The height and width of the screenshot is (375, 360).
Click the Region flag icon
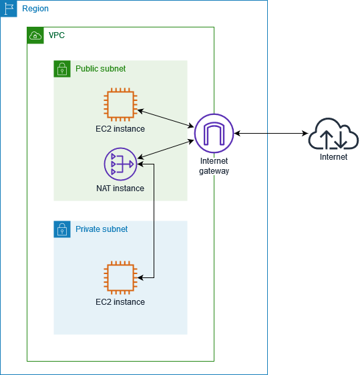[x=9, y=9]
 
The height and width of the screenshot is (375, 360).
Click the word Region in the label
[x=35, y=9]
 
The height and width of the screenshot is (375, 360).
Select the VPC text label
[x=57, y=35]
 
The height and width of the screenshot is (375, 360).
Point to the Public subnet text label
[x=100, y=69]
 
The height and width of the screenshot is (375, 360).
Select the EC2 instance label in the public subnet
[x=120, y=129]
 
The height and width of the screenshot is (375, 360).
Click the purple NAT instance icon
[x=120, y=164]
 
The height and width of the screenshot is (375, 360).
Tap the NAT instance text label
[x=120, y=189]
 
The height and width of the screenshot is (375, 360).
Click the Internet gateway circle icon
[x=214, y=133]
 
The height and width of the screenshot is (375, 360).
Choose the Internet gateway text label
[x=214, y=166]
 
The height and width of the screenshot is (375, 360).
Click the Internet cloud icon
[x=333, y=134]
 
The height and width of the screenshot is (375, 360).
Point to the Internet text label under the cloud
[x=333, y=157]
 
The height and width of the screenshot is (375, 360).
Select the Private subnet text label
[x=102, y=229]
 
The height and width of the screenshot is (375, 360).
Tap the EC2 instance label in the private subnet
[x=120, y=302]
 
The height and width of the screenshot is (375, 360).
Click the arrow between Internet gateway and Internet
[x=271, y=134]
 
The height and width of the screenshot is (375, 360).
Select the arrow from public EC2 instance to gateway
[x=165, y=116]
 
